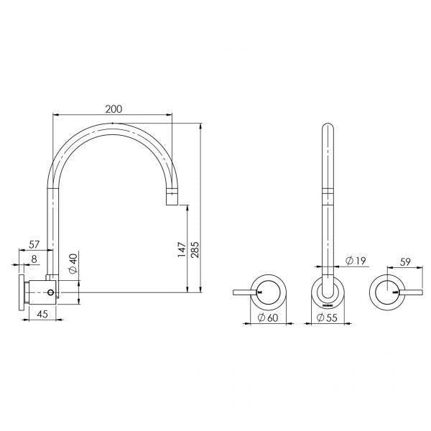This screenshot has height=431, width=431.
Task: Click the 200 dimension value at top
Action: pyautogui.click(x=113, y=108)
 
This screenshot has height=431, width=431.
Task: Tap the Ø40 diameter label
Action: pyautogui.click(x=73, y=264)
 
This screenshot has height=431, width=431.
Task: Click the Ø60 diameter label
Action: pyautogui.click(x=267, y=318)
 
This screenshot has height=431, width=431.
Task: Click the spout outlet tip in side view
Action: pyautogui.click(x=172, y=199)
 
